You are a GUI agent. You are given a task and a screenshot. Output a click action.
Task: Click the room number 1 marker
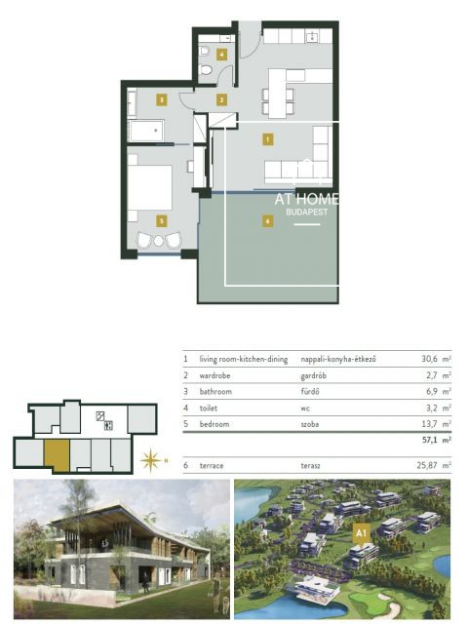pos(267,139)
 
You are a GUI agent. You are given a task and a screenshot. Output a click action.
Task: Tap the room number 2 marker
pos(221,99)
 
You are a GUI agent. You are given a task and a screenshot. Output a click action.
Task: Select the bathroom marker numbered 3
pos(161,98)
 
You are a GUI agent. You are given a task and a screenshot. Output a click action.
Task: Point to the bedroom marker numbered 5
pos(161,221)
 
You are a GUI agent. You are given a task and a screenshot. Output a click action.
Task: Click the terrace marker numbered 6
pos(267,221)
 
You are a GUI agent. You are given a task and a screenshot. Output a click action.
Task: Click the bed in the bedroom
pos(151,186)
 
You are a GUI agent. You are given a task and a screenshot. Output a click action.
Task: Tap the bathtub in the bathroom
pos(147,131)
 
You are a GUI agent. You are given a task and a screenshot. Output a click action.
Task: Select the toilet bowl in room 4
pos(206,69)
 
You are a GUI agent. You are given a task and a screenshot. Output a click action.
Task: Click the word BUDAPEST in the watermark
pos(306,211)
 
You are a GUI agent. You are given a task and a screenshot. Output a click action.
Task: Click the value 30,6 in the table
pos(426,360)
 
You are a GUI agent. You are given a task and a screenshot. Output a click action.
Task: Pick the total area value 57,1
pos(426,440)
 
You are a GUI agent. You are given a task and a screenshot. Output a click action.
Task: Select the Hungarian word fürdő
pos(311,391)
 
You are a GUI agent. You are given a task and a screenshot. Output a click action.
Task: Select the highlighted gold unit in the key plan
pos(57,455)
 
